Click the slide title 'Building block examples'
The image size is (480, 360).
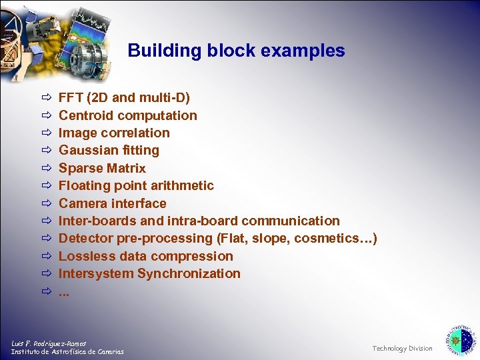[236, 51]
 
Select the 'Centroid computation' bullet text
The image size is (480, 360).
[128, 115]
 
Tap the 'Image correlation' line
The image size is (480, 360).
[114, 133]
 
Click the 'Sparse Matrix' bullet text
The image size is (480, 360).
[102, 168]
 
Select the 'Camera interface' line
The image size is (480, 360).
[112, 203]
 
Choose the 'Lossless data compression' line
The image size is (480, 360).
[145, 256]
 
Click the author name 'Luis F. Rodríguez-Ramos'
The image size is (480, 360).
[49, 343]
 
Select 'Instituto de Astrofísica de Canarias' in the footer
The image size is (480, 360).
[67, 352]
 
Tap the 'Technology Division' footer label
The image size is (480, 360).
[402, 349]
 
